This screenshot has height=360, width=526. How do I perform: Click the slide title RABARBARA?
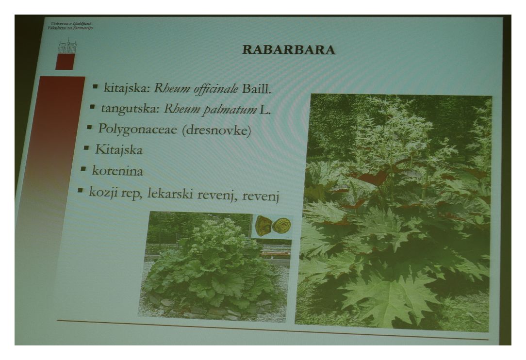[289, 49]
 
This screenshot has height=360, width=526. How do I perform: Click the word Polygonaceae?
[137, 129]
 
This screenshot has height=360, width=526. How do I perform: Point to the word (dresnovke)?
[216, 130]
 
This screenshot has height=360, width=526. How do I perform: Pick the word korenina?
[117, 171]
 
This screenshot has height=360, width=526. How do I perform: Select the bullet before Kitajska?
[86, 147]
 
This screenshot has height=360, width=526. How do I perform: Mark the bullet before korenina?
[83, 169]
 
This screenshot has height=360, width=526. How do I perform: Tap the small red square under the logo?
[65, 62]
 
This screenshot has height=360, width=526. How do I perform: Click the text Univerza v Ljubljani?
[71, 24]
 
